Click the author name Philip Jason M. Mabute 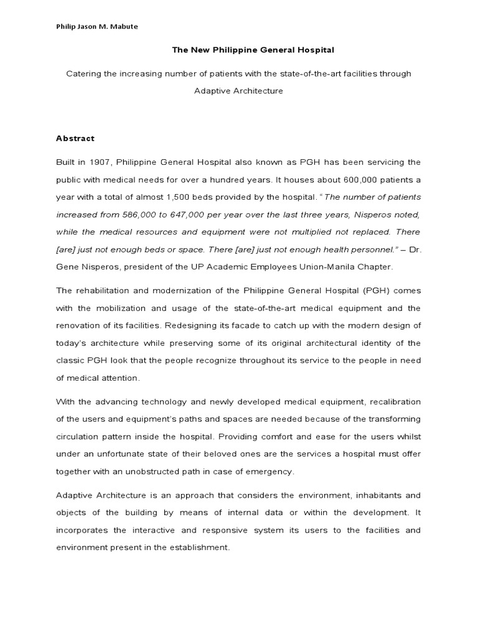97,26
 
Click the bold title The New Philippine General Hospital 238,50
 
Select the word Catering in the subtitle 83,73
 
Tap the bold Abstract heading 75,138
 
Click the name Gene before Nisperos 67,266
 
